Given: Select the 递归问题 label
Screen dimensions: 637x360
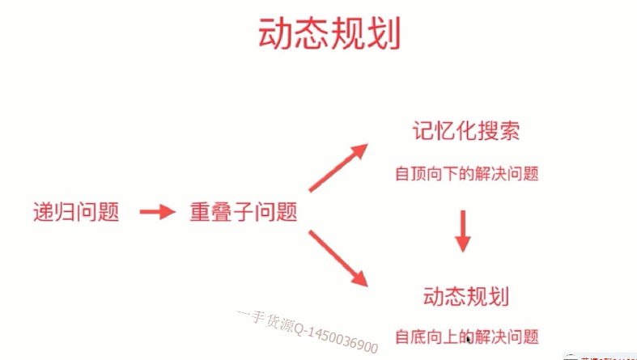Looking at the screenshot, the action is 76,213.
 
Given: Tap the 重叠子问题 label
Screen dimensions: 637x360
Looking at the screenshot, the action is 243,213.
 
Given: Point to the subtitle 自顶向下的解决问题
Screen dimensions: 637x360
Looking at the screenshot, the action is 466,173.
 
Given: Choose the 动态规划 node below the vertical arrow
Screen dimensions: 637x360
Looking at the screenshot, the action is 465,295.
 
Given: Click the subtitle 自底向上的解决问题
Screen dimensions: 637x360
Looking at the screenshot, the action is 466,336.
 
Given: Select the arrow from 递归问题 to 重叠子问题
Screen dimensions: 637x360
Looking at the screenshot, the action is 157,213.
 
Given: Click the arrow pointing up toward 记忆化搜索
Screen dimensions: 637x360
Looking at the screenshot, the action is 338,167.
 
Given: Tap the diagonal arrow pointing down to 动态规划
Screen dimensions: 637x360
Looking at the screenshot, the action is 338,258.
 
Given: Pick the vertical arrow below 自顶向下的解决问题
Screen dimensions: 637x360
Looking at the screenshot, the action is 462,231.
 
